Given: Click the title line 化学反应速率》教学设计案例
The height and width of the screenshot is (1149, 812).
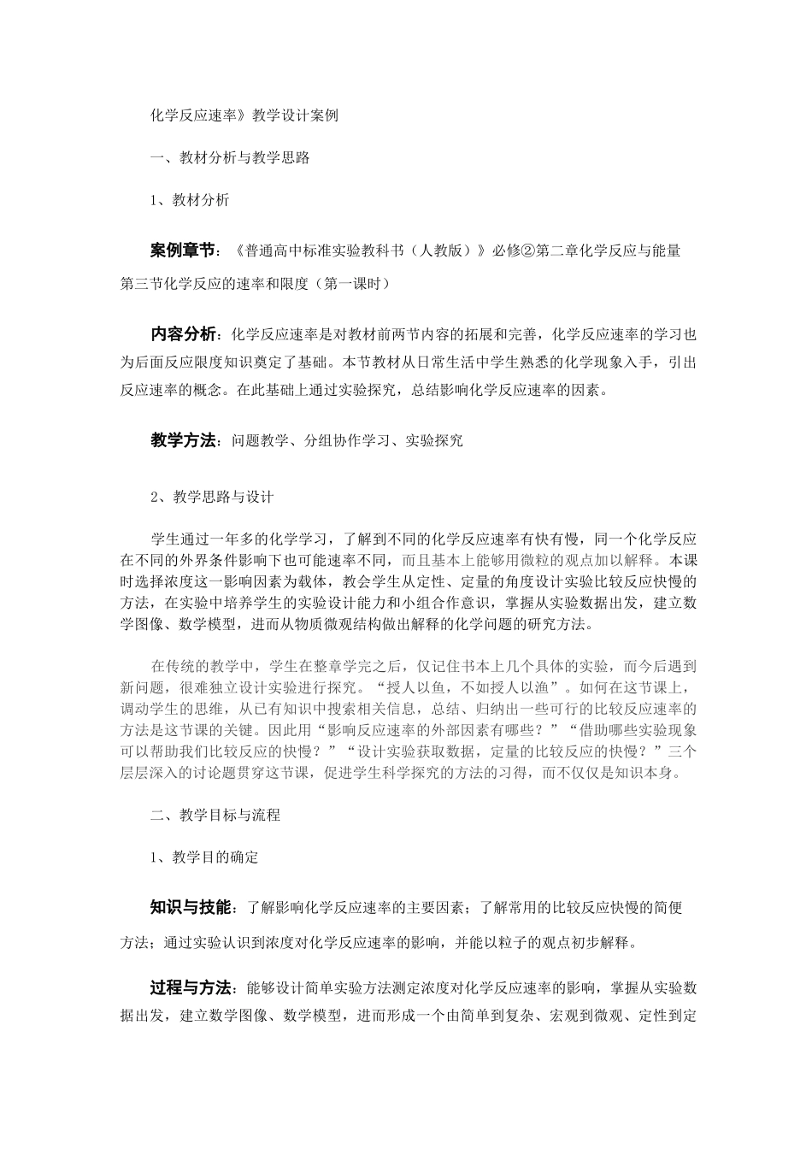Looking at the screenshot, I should (x=244, y=115).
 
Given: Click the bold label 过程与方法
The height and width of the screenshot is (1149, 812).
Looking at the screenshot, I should (x=191, y=988).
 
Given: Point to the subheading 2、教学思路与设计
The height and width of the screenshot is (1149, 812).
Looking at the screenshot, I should (x=212, y=496).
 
